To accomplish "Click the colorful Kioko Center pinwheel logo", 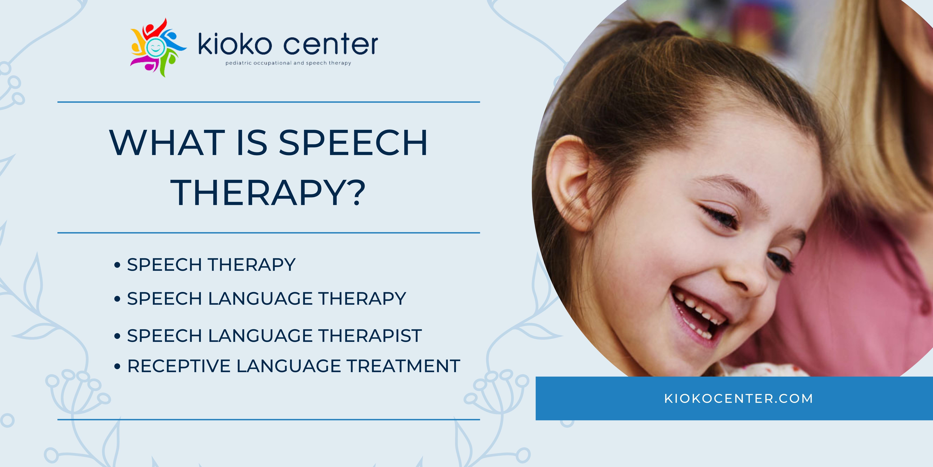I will pos(158,47).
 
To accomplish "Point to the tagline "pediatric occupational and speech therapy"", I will pos(288,63).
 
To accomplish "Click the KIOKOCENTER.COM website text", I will pos(739,398).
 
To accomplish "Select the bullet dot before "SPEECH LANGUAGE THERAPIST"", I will pos(117,336).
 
